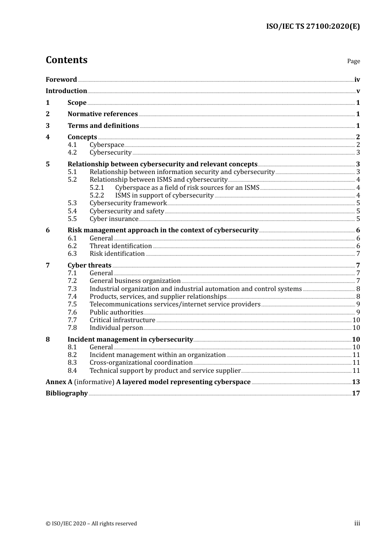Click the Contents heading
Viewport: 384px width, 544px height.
coord(66,60)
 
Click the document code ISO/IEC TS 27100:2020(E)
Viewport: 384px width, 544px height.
coord(312,27)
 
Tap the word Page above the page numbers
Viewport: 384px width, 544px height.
coord(353,61)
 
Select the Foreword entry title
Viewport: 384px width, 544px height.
coord(61,80)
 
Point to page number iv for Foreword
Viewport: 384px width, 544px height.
coord(357,80)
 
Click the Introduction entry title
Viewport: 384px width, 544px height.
coord(66,91)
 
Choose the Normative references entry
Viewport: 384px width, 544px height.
coord(103,114)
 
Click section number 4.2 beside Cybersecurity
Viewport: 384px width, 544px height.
coord(72,153)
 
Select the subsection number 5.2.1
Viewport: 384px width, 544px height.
coord(97,187)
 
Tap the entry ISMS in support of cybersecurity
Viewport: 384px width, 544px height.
coord(164,195)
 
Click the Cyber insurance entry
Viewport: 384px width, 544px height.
coord(114,219)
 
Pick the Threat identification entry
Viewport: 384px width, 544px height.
coord(120,246)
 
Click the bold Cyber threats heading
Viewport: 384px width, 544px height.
coord(89,266)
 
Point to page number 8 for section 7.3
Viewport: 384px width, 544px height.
coord(358,289)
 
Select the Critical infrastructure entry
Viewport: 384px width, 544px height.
coord(122,320)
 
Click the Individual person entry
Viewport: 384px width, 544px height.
coord(116,328)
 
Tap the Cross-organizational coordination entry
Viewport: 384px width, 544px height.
coord(141,363)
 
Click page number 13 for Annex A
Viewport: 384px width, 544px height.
coord(356,382)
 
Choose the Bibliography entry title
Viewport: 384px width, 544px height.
coord(67,393)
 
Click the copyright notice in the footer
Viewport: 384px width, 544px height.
coord(91,524)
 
